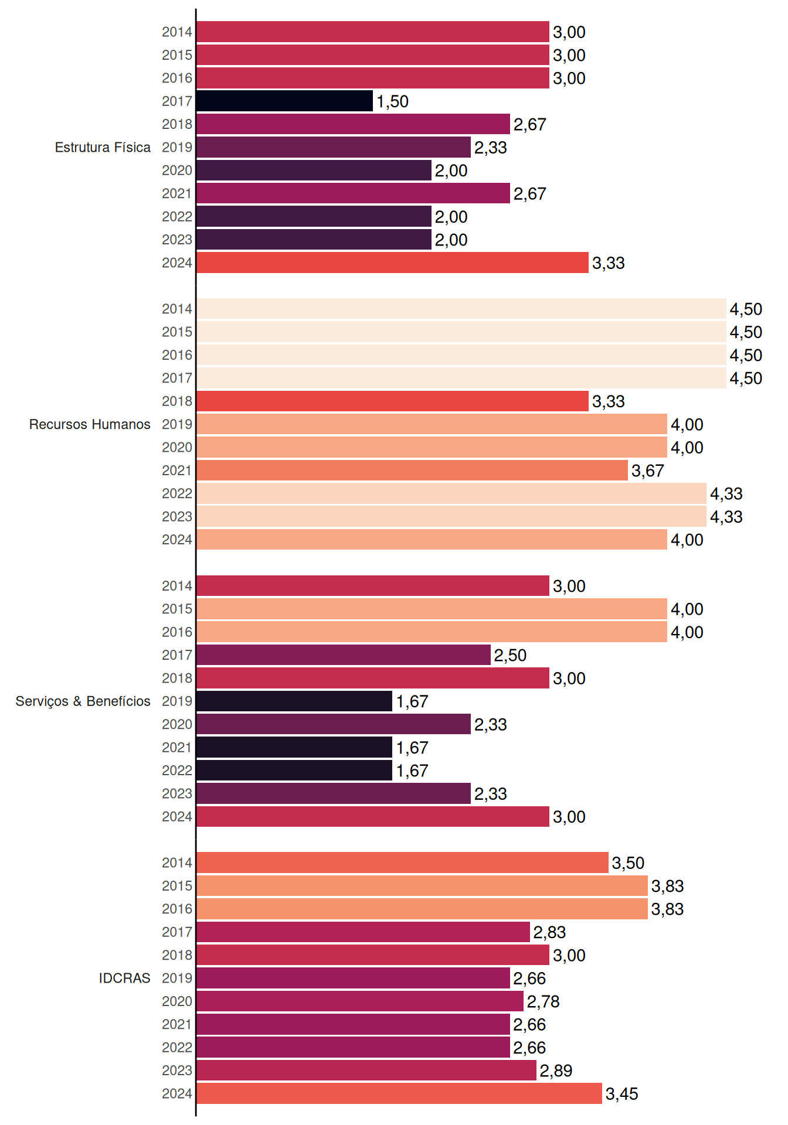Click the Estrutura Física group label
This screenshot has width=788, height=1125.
pos(103,148)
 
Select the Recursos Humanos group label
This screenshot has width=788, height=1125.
pos(90,424)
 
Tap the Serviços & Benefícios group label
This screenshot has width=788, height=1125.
pos(83,701)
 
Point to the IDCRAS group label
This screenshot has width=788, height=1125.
pos(124,978)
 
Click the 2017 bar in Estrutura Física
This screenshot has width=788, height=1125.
pos(284,101)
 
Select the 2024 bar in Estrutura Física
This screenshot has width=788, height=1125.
pos(392,262)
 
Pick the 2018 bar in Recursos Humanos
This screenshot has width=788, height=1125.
pos(392,401)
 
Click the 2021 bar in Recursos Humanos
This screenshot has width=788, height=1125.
pos(412,471)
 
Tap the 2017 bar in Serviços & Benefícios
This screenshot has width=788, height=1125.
pos(344,655)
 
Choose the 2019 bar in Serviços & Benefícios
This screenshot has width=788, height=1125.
pos(294,701)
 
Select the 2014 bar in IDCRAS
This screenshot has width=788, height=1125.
pos(402,862)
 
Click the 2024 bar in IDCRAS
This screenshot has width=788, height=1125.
pos(399,1093)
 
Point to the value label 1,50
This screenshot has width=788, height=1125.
pos(392,101)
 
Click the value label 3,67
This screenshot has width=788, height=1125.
pos(648,471)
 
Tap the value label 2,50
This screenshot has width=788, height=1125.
pos(510,656)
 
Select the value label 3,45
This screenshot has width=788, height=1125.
pos(622,1094)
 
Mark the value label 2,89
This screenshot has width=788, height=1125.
pos(556,1071)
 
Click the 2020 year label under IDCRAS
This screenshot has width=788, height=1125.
pos(177,1001)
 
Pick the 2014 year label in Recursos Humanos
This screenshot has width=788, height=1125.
pos(177,309)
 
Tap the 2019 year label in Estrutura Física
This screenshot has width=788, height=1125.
pos(177,147)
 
